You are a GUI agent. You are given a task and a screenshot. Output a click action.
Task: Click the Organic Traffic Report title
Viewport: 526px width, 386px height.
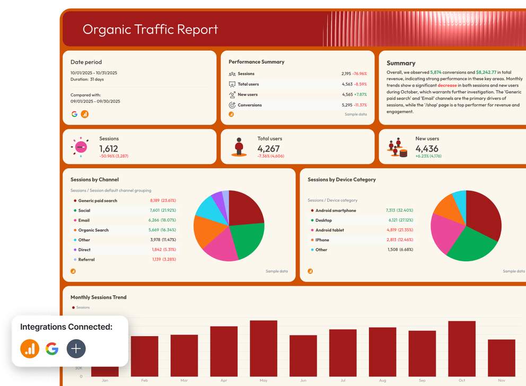[150, 29]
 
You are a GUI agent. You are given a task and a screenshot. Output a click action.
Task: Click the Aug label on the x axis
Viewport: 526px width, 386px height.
[382, 381]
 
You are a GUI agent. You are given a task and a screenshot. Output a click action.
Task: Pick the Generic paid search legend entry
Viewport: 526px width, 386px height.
[98, 201]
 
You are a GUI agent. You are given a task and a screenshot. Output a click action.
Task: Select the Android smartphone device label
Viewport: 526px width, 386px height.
[336, 210]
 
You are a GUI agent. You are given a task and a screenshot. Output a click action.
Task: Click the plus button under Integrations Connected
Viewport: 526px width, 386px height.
[76, 348]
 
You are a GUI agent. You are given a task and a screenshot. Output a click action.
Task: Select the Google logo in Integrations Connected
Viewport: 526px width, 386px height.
[52, 348]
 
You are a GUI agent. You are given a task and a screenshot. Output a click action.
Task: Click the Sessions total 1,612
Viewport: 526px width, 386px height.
[109, 149]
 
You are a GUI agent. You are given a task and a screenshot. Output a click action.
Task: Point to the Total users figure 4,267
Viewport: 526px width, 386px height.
[268, 149]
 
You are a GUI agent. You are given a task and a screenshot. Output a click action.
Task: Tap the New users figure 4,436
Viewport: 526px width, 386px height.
[426, 149]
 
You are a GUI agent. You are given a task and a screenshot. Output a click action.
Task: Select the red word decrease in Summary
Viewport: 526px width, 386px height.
[447, 85]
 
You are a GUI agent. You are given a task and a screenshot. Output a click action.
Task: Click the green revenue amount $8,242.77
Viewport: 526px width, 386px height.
[486, 72]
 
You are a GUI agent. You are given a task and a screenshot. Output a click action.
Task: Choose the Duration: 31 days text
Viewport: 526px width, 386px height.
[87, 79]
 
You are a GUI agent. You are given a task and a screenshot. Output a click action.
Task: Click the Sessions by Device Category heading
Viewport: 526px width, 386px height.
[341, 179]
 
